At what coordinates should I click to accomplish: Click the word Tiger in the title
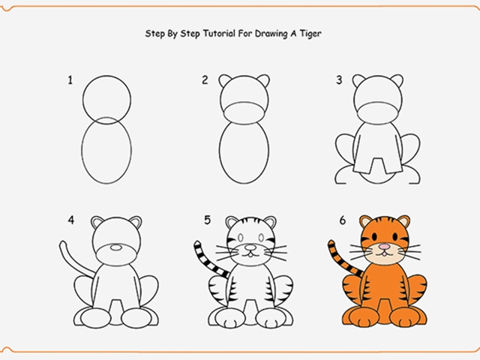point(310,34)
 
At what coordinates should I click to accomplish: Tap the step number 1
point(70,80)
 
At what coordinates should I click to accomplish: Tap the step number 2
point(204,80)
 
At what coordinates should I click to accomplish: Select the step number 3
point(339,80)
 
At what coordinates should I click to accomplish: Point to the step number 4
point(70,220)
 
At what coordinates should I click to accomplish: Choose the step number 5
point(206,220)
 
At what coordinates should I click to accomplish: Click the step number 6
point(341,220)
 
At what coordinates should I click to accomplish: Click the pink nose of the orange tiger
point(383,246)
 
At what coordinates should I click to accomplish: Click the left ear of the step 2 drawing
point(225,81)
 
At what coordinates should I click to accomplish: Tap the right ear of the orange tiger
point(403,222)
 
